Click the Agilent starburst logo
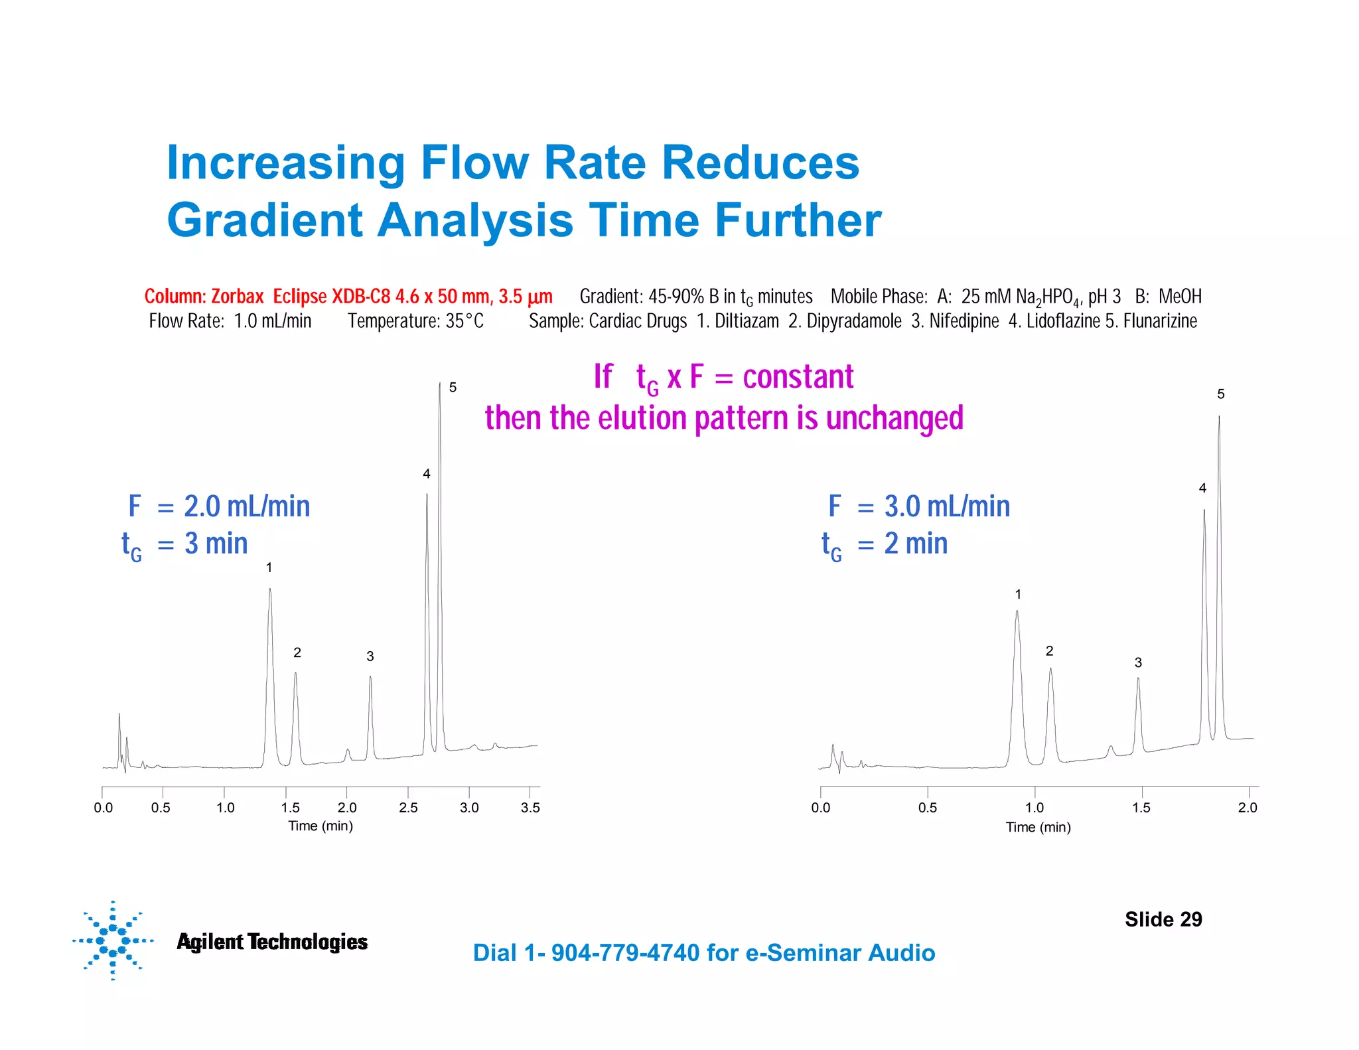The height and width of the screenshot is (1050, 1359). click(113, 940)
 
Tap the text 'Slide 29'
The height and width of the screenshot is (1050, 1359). click(1163, 919)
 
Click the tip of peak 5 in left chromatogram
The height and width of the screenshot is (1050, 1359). click(439, 384)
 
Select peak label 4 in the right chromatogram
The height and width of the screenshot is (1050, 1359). click(1202, 488)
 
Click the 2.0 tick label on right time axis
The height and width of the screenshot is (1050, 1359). click(1248, 808)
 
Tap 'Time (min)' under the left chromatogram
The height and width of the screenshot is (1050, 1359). click(320, 826)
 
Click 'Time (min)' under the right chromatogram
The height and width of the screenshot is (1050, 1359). click(1038, 828)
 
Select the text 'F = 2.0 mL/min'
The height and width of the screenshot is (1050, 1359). click(218, 506)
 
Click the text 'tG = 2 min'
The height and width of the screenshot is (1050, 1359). click(885, 544)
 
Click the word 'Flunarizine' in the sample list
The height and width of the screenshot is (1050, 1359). click(1160, 321)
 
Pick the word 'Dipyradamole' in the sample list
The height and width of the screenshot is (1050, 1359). click(854, 321)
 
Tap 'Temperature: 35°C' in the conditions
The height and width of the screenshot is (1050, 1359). click(415, 321)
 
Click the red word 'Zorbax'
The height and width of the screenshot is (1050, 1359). click(237, 297)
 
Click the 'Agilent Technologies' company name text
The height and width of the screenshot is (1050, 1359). click(271, 942)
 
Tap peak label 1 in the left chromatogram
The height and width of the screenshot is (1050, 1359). click(269, 568)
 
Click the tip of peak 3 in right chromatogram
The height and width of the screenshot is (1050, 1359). click(1137, 679)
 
